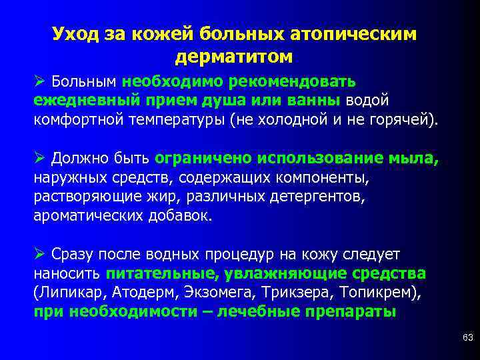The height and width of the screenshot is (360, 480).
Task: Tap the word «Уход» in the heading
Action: pos(75,33)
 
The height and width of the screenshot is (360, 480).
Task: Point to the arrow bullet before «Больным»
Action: pos(39,81)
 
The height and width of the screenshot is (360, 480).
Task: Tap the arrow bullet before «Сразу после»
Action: pos(39,255)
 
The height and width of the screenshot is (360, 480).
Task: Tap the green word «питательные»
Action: pos(163,274)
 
